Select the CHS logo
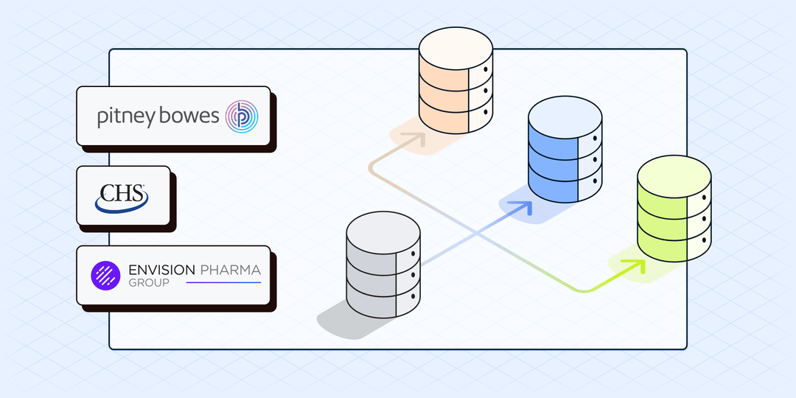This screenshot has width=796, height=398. [122, 196]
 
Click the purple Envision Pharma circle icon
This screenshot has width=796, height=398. [105, 275]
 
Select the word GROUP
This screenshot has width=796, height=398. [148, 283]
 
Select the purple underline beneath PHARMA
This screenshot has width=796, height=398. [223, 283]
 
